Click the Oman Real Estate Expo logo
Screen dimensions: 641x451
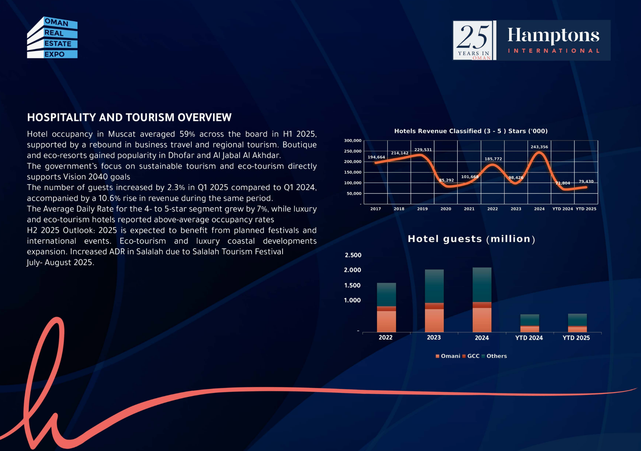[x=52, y=37]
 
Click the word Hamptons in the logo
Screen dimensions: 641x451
[x=553, y=35]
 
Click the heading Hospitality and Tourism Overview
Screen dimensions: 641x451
[x=129, y=117]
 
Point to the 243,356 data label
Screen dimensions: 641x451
[x=539, y=147]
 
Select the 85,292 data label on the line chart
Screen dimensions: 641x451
[x=446, y=180]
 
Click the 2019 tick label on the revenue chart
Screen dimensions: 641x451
[x=422, y=209]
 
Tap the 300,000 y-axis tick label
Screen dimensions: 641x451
[x=353, y=140]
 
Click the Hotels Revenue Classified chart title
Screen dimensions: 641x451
[x=471, y=131]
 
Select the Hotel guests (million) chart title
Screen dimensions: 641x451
[x=471, y=239]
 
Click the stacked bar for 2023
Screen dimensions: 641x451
[x=434, y=301]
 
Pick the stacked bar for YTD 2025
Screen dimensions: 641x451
[x=577, y=323]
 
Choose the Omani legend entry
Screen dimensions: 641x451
[x=448, y=356]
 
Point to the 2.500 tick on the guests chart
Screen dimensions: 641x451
[x=353, y=255]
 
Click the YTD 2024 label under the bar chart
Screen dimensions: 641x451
[x=529, y=338]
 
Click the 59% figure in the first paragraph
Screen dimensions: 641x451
[x=187, y=134]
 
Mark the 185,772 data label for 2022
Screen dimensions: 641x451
[x=493, y=159]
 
